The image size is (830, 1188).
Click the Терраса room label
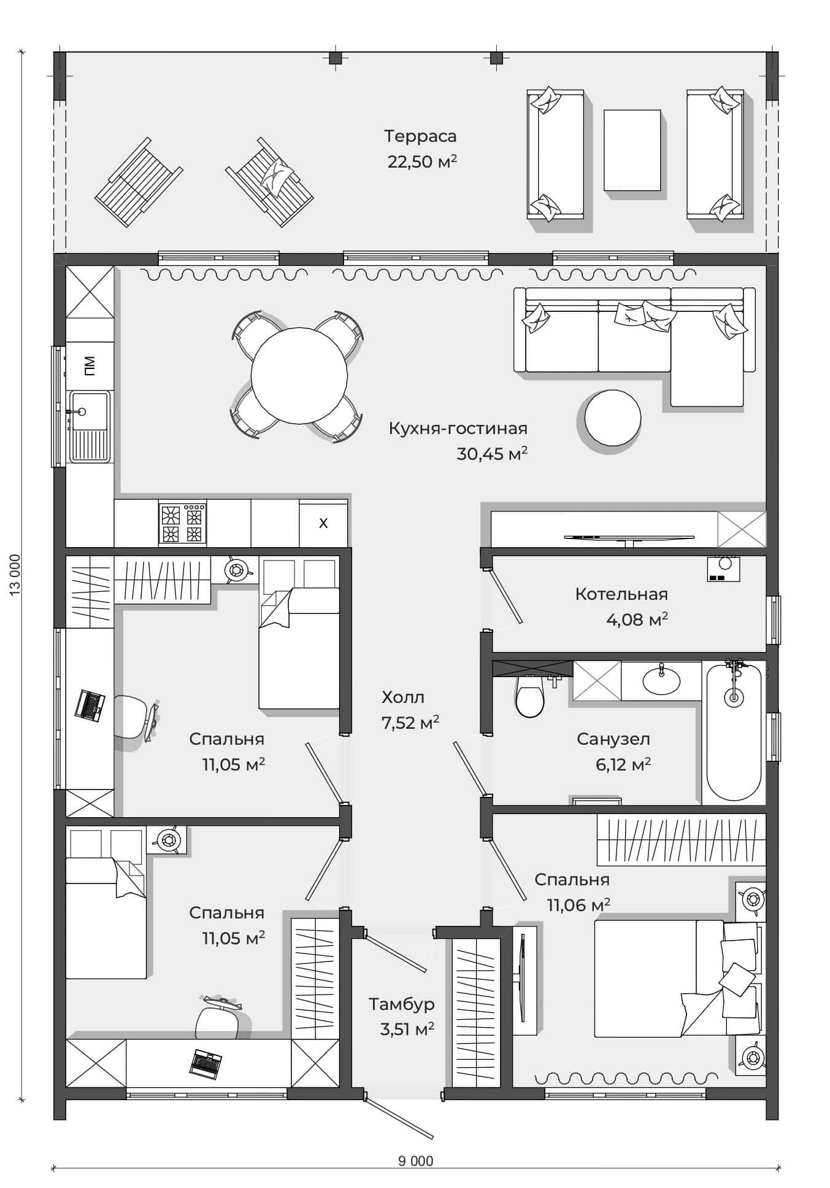pyautogui.click(x=420, y=136)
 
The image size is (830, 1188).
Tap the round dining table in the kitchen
pyautogui.click(x=299, y=375)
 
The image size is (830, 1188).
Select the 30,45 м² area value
pyautogui.click(x=492, y=454)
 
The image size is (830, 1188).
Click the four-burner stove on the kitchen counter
pyautogui.click(x=182, y=523)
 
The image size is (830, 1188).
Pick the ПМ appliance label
pyautogui.click(x=90, y=366)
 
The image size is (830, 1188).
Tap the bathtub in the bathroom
pyautogui.click(x=734, y=732)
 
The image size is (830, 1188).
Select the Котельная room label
pyautogui.click(x=621, y=594)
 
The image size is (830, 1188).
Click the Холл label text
pyautogui.click(x=403, y=697)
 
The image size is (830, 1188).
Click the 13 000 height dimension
pyautogui.click(x=16, y=574)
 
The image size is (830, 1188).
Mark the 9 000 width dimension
pyautogui.click(x=415, y=1161)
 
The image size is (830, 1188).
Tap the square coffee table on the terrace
pyautogui.click(x=632, y=150)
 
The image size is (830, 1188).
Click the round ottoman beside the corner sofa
pyautogui.click(x=613, y=418)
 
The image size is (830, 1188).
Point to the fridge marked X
pyautogui.click(x=323, y=523)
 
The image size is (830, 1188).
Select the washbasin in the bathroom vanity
pyautogui.click(x=661, y=679)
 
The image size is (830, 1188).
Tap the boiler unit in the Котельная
pyautogui.click(x=723, y=569)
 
